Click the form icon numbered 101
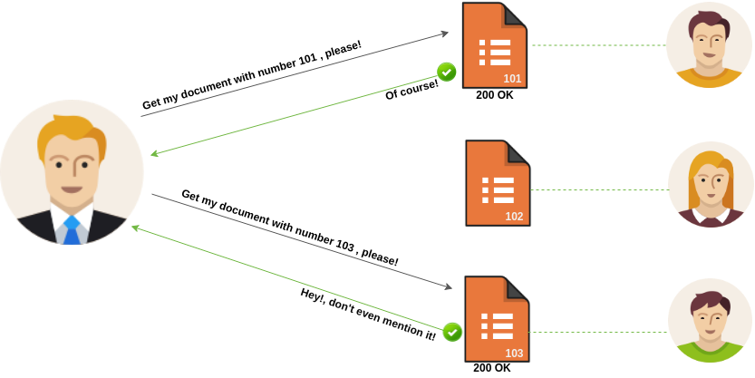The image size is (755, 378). (x=495, y=45)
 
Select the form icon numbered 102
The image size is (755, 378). (x=498, y=182)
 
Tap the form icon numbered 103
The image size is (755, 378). (x=497, y=318)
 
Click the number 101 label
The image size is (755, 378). (x=512, y=79)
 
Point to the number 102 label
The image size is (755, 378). (x=514, y=217)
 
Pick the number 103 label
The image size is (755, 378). (x=514, y=353)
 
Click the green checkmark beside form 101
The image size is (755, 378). (x=447, y=72)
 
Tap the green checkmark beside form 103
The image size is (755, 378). (x=452, y=332)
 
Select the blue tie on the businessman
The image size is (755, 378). (x=72, y=230)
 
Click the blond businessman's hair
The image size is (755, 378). (x=70, y=132)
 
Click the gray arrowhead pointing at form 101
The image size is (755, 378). (x=444, y=34)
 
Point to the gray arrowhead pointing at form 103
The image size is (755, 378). (x=447, y=286)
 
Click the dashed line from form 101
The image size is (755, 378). (x=598, y=44)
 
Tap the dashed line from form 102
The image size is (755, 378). (x=598, y=190)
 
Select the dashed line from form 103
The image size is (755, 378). (x=598, y=332)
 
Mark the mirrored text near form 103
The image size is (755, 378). (x=372, y=313)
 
